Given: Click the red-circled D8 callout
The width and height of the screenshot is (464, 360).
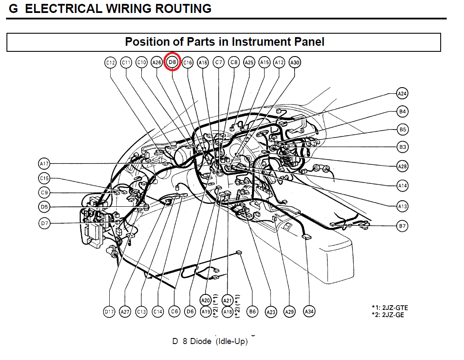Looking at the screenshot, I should tap(172, 63).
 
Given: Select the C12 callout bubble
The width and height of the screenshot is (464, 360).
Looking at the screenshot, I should tap(111, 63).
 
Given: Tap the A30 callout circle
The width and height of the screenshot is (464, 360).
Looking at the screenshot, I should tap(295, 63).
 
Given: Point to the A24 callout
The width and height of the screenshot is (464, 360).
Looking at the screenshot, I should tap(403, 93).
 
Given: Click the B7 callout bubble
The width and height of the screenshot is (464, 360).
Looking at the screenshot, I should tap(403, 226).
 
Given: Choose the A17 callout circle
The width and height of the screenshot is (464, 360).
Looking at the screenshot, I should tap(44, 164).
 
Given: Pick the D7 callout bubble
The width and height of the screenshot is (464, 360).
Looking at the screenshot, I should tap(44, 224).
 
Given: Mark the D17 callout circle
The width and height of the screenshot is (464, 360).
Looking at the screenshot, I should tap(109, 312).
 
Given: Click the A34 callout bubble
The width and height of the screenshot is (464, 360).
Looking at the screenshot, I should tap(309, 312).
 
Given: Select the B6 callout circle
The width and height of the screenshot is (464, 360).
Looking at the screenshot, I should tap(252, 312).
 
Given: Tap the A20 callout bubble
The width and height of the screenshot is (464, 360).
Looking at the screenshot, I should tap(206, 300).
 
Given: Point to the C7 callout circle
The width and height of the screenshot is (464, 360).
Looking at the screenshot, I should tap(219, 63).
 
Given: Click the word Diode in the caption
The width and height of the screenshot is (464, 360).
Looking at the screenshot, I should tap(201, 342).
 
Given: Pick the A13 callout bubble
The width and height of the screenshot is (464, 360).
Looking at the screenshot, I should tap(403, 206).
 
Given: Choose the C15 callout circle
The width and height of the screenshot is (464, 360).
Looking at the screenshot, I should tap(44, 178).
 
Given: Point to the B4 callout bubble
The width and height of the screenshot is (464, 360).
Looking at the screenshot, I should tap(403, 112).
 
